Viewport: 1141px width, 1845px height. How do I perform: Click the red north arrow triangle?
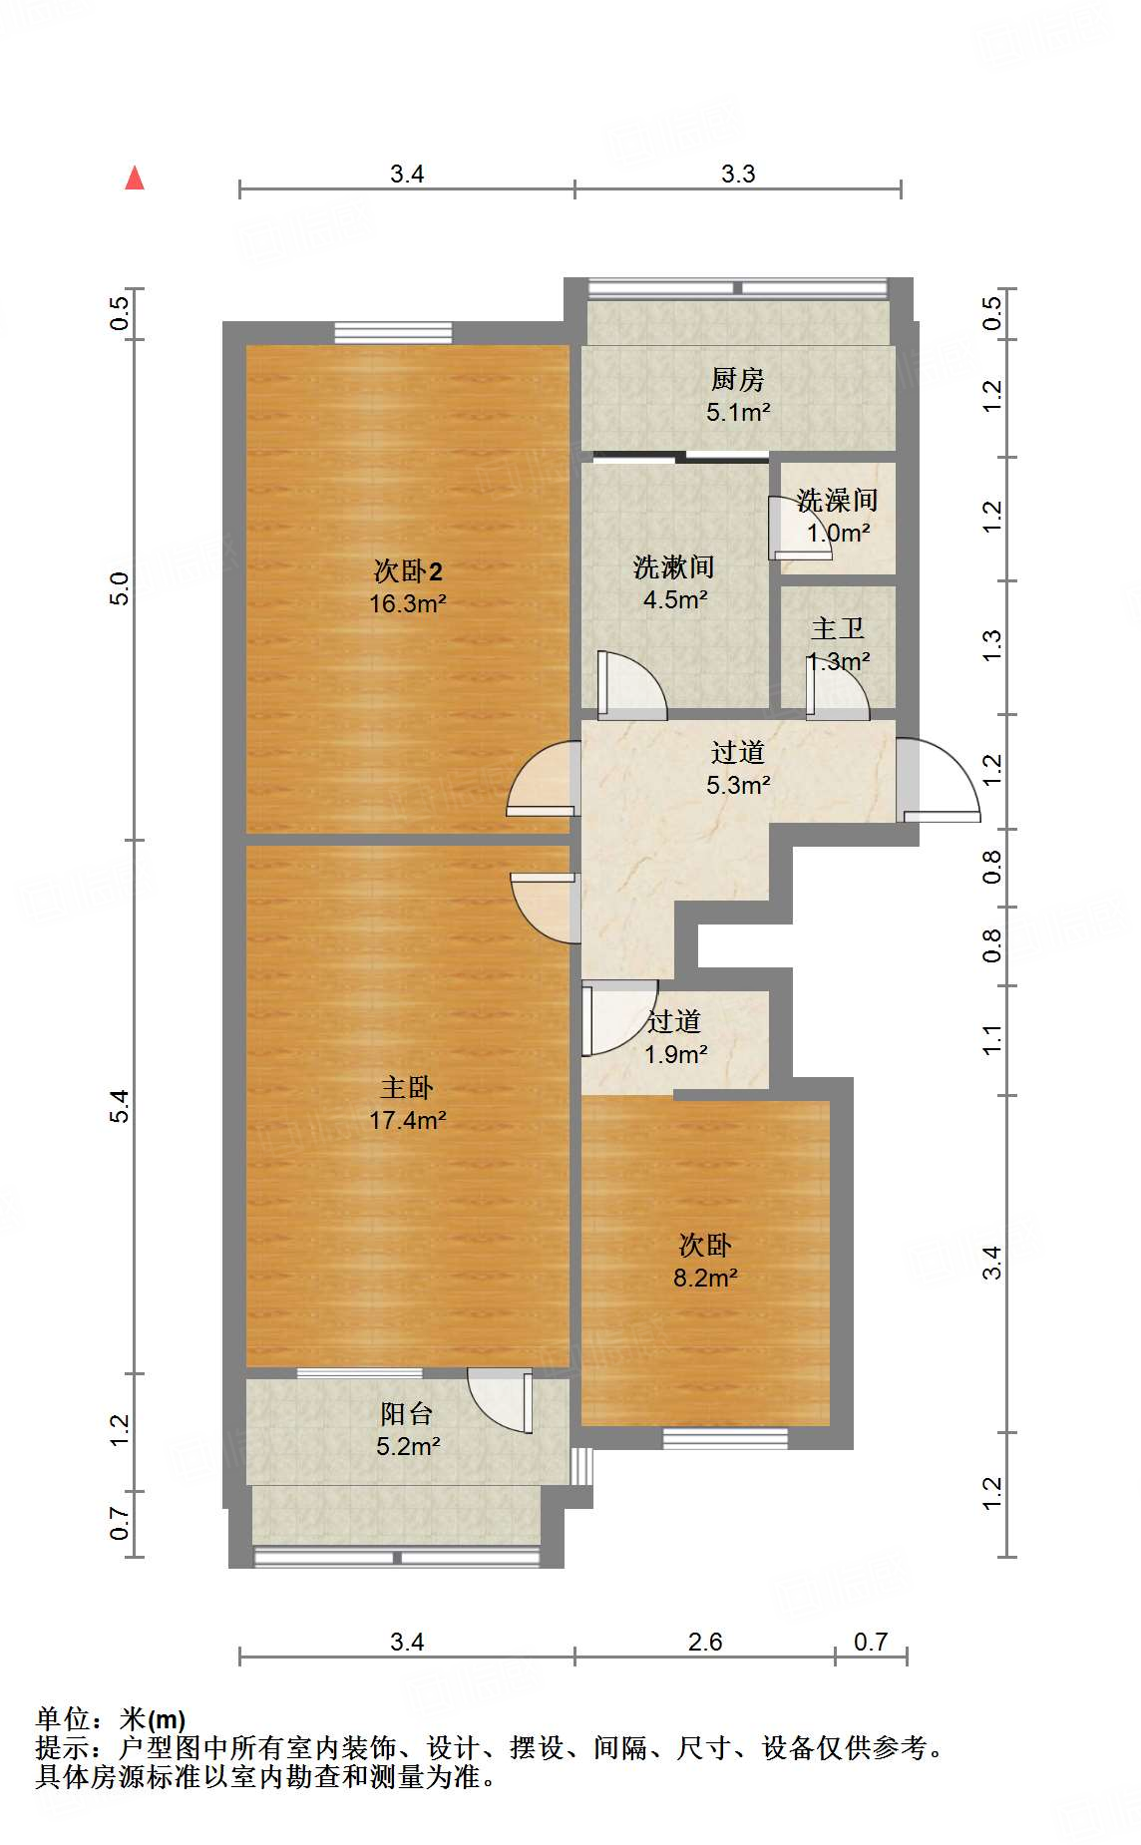pos(135,179)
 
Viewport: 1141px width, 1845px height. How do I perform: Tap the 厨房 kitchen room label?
pos(738,379)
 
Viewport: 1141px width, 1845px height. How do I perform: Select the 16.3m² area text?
pos(407,603)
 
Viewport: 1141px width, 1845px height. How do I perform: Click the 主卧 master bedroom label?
pos(407,1087)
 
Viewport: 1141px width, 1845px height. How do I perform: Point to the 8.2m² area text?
pos(705,1278)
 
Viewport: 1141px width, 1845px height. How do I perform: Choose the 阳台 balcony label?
pos(407,1413)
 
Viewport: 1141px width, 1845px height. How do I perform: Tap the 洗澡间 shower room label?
pos(837,500)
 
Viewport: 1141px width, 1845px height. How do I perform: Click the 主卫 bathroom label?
pos(837,628)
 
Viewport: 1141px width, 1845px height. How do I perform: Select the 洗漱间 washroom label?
pos(674,567)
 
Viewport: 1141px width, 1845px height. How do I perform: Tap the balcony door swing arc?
pos(500,1400)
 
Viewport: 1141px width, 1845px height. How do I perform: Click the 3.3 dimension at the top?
pos(738,174)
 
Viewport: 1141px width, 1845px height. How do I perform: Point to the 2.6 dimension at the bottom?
pos(705,1642)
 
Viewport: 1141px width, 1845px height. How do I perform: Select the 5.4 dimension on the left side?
pos(120,1106)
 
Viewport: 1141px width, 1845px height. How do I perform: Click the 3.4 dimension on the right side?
pos(991,1264)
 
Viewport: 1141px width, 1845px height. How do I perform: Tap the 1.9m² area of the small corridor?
pos(675,1054)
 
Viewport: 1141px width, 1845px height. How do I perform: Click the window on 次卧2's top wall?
pos(393,333)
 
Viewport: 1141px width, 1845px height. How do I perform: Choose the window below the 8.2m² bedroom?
pos(726,1438)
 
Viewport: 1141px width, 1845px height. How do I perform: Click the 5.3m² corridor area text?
pos(738,785)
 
